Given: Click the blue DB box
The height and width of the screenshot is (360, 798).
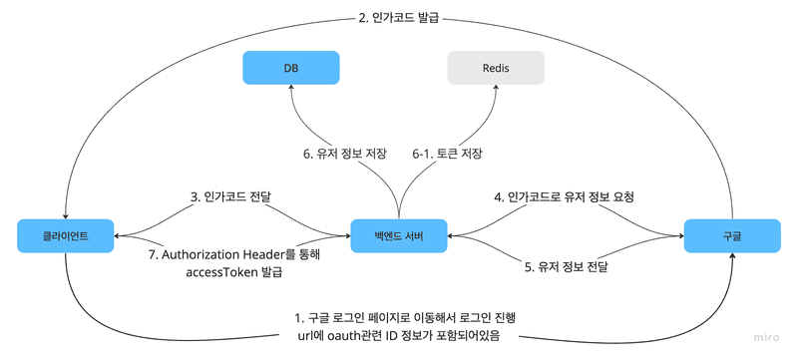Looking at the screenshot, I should click(292, 68).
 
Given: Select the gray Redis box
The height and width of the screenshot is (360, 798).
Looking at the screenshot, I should click(496, 68).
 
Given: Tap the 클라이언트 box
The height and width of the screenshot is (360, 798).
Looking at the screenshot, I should click(66, 236).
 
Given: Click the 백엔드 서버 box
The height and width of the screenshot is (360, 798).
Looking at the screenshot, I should click(398, 236).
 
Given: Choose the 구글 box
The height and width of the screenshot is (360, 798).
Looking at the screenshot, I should click(732, 236).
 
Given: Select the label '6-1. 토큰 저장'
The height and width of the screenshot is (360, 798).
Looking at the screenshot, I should click(448, 154).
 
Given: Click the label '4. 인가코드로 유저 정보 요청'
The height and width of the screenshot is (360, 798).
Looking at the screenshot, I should click(565, 197).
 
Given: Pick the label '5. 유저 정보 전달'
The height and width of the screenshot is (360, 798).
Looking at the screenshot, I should click(566, 268).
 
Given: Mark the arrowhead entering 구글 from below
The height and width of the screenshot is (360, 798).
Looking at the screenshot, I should click(732, 256).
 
